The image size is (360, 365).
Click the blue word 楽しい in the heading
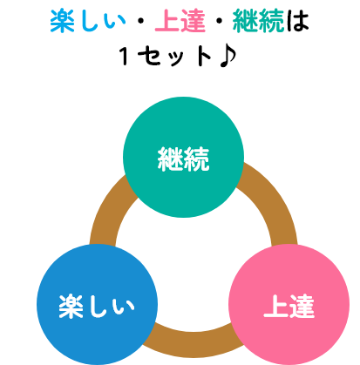point(88,21)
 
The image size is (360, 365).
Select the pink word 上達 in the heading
point(180,21)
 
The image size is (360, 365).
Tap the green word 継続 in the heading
point(258,21)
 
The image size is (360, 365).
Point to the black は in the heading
point(297,21)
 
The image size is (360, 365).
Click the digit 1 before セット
point(125,56)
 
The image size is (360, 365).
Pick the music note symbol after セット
point(228,57)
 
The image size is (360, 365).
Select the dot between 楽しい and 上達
point(141,21)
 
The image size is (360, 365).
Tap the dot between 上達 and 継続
point(220,21)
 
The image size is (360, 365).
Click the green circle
point(183,157)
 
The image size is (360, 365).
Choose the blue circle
point(97,304)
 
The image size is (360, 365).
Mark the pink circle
point(289,304)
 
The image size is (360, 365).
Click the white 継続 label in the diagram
point(183,159)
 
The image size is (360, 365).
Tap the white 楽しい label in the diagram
point(97,307)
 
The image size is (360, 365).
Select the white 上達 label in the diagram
point(289,307)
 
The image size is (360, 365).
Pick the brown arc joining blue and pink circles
point(194,344)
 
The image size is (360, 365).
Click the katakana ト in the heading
point(204,56)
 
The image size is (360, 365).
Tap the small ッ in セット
point(176,58)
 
